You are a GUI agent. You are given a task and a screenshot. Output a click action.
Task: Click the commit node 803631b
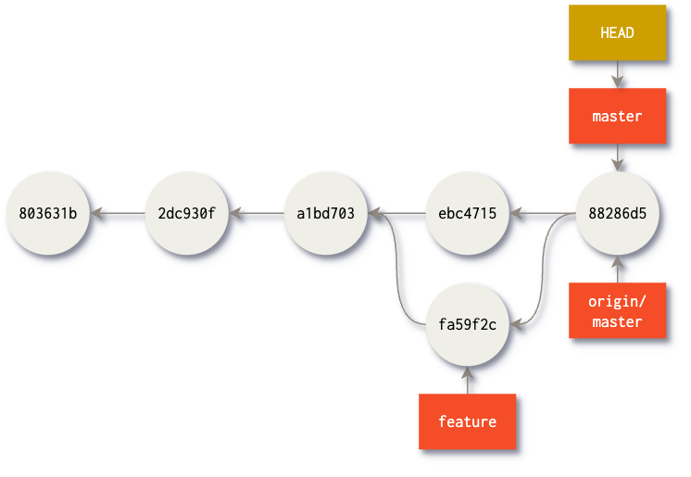pyautogui.click(x=47, y=214)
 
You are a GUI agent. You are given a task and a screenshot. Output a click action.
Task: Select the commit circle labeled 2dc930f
pyautogui.click(x=186, y=214)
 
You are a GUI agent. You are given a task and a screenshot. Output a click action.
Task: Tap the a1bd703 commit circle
pyautogui.click(x=325, y=214)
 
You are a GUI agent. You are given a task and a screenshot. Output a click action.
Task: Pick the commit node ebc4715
pyautogui.click(x=467, y=214)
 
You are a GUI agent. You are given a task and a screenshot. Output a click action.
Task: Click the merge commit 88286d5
pyautogui.click(x=617, y=214)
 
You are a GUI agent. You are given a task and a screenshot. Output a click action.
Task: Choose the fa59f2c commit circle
pyautogui.click(x=467, y=324)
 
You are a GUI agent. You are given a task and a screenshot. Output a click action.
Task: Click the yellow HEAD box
pyautogui.click(x=617, y=32)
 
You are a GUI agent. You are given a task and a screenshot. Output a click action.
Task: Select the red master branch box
pyautogui.click(x=617, y=117)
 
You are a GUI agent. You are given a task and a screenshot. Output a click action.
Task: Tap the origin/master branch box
pyautogui.click(x=617, y=309)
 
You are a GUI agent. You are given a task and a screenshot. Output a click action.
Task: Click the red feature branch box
pyautogui.click(x=467, y=421)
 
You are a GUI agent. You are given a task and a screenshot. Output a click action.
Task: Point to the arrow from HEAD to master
pyautogui.click(x=617, y=74)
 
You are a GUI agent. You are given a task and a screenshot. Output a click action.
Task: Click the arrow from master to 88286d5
pyautogui.click(x=617, y=157)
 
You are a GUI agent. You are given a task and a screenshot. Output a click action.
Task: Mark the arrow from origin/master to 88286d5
pyautogui.click(x=617, y=270)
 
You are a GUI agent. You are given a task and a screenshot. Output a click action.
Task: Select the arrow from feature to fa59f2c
pyautogui.click(x=467, y=380)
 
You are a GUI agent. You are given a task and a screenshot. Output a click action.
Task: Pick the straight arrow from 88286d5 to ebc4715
pyautogui.click(x=542, y=215)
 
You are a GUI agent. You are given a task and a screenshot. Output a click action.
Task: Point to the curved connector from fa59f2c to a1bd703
pyautogui.click(x=400, y=278)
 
